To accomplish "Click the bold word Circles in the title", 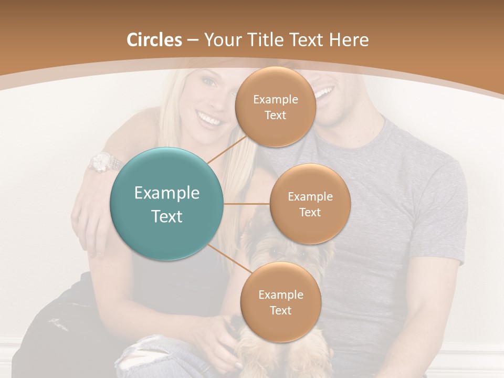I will (154, 40).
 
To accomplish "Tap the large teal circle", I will (166, 204).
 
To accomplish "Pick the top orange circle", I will (275, 107).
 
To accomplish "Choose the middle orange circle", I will (310, 204).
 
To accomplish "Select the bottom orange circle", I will (280, 302).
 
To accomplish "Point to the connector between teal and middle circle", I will (247, 204).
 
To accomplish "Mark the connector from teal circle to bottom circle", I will (227, 261).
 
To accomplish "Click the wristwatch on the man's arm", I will (102, 163).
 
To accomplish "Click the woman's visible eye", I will (209, 82).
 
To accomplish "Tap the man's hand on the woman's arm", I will (89, 220).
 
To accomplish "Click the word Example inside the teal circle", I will (166, 193).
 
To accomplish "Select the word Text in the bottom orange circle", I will (280, 310).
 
